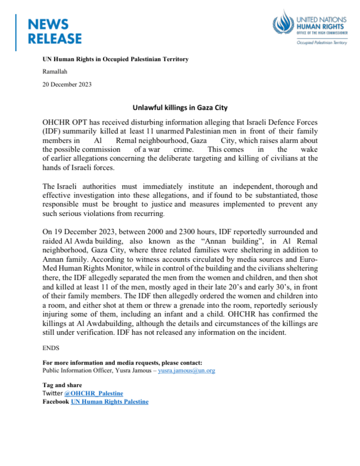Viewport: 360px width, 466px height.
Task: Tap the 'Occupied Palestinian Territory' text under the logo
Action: point(321,43)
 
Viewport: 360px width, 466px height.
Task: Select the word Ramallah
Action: point(55,71)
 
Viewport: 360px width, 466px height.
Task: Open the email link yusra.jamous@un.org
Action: point(186,370)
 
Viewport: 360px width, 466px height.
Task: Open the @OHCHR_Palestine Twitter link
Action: point(90,393)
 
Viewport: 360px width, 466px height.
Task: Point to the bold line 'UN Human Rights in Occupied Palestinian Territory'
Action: point(115,59)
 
